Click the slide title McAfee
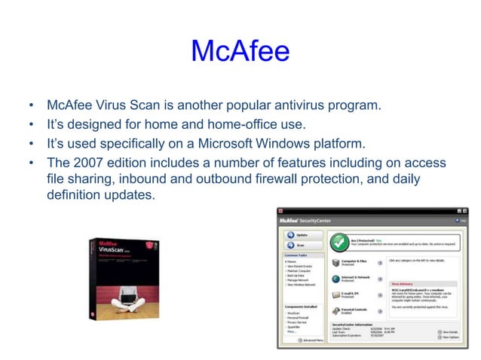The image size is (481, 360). tap(240, 50)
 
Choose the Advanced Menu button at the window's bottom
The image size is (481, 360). tap(310, 340)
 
